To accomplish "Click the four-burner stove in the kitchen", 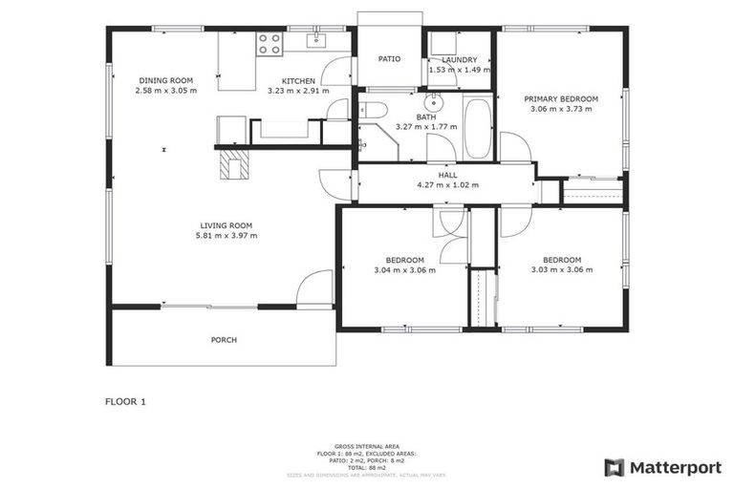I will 269,43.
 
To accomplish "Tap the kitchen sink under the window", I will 315,40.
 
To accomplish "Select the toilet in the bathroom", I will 373,110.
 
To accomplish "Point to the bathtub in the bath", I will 477,127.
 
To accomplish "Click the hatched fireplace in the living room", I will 232,166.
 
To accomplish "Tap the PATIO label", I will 389,59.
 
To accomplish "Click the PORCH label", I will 224,340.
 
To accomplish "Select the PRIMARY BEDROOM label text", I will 561,99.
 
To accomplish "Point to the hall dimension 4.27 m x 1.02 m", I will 447,185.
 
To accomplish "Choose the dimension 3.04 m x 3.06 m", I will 404,270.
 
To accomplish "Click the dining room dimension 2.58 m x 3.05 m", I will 166,91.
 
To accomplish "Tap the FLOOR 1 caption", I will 125,402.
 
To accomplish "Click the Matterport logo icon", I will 614,467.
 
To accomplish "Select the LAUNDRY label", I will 459,59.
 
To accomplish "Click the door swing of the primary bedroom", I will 515,148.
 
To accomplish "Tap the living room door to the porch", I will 314,289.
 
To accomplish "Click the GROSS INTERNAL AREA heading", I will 366,445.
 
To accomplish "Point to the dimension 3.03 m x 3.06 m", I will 561,270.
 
